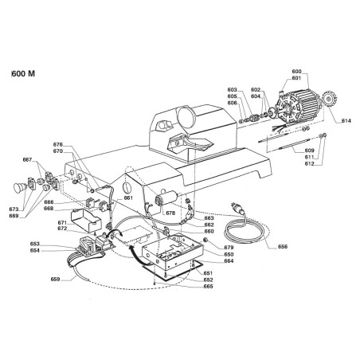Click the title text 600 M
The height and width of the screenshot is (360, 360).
pos(24,72)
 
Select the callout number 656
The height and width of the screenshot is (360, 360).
pos(283,246)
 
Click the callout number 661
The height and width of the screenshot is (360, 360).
pos(128,198)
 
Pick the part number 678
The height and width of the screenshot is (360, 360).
pos(170,213)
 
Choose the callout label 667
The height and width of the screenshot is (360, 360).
pos(28,160)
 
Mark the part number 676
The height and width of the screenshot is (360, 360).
pos(58,144)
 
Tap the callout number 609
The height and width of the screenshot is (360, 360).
pos(309,151)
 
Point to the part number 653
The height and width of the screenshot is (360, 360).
pos(57,244)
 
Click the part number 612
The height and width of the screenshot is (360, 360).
pos(309,164)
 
